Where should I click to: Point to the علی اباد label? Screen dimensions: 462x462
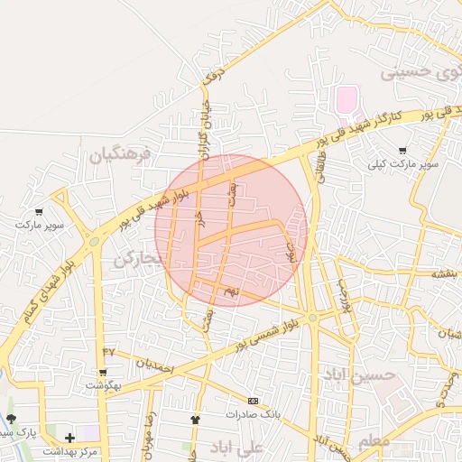[236, 448]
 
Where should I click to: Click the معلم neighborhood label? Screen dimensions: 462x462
[374, 440]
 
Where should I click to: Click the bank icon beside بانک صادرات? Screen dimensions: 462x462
[253, 401]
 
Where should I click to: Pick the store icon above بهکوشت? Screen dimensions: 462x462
[103, 372]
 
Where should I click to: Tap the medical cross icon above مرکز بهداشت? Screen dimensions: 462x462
[69, 438]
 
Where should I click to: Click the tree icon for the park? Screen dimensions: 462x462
[11, 419]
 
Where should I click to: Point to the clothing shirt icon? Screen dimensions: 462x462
[194, 420]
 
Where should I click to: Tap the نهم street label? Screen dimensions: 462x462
[232, 291]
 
